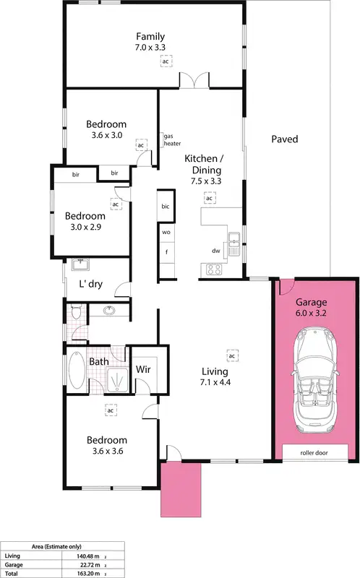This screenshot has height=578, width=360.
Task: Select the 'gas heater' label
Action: [x=172, y=139]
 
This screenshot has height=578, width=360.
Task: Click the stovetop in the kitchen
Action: [x=215, y=269]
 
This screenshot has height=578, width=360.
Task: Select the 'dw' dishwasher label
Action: [x=215, y=251]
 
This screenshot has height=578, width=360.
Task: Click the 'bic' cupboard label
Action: [x=166, y=207]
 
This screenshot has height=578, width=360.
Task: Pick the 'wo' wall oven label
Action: [x=166, y=233]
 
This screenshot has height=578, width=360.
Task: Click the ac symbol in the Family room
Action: [x=166, y=62]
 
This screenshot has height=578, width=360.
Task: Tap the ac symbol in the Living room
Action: [x=232, y=356]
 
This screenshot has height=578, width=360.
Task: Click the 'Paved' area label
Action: [x=284, y=139]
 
